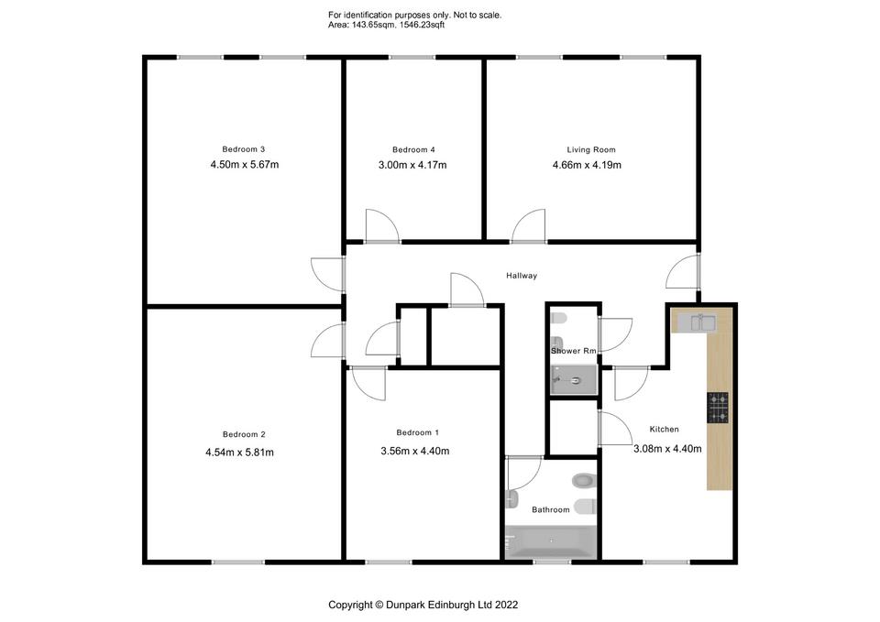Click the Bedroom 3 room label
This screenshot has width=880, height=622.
(244, 149)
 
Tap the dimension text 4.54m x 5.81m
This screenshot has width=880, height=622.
(239, 452)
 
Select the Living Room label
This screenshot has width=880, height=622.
(591, 149)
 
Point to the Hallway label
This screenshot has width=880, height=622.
(522, 276)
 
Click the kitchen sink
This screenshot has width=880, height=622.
(697, 322)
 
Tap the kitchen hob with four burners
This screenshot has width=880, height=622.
(718, 408)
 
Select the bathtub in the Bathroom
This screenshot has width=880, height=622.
(551, 541)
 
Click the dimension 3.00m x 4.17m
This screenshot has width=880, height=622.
(412, 165)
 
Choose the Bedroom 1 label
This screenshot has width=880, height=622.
(418, 432)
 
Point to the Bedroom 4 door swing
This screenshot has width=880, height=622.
(383, 225)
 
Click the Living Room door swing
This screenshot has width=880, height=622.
(528, 226)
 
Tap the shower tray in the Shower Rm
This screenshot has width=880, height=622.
(574, 380)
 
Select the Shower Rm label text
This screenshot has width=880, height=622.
(573, 351)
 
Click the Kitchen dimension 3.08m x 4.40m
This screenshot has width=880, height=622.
(667, 449)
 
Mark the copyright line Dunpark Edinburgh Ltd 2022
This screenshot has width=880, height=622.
(452, 605)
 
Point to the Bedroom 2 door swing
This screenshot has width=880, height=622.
(328, 341)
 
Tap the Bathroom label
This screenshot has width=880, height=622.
(551, 510)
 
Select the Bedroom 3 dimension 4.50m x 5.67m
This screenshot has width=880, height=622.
(245, 164)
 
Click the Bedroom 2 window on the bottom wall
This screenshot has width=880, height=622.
(238, 562)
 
